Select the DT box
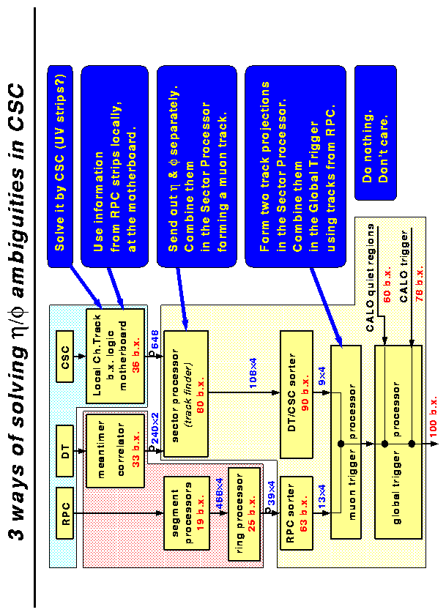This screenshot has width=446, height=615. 65,445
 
